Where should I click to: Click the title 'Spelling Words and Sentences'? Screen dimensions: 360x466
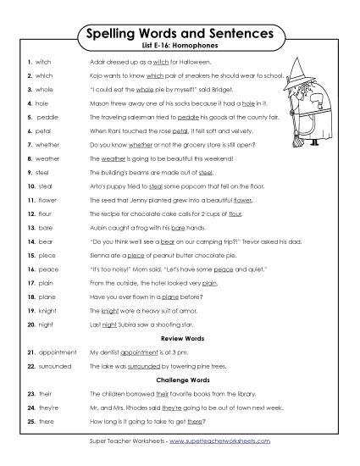click(180, 34)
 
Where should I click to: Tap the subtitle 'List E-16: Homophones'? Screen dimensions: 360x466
click(180, 49)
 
